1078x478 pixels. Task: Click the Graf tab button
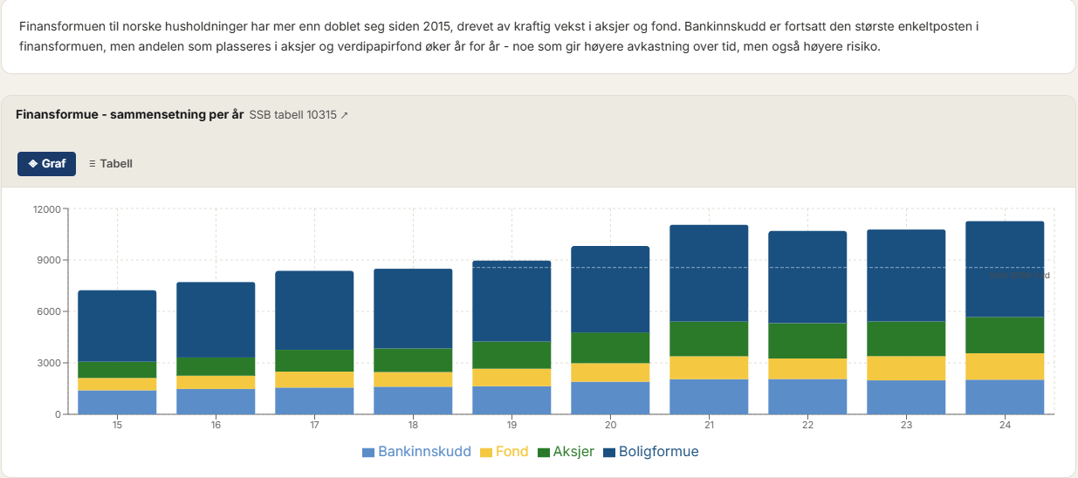[x=47, y=163]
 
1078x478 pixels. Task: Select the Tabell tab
[x=111, y=163]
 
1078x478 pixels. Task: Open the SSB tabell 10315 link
[x=299, y=114]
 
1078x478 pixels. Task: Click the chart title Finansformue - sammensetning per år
[x=129, y=114]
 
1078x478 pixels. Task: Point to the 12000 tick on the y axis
[x=47, y=209]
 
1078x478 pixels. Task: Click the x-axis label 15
[x=117, y=425]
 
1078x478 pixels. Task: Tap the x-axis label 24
[x=1005, y=425]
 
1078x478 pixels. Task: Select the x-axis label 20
[x=610, y=425]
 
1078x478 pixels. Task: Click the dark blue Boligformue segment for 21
[x=709, y=273]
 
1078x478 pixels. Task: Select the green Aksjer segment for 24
[x=1005, y=335]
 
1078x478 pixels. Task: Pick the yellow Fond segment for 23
[x=906, y=368]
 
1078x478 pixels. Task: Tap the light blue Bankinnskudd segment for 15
[x=117, y=402]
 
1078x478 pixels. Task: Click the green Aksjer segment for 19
[x=512, y=355]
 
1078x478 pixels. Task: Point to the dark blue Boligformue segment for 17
[x=314, y=311]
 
